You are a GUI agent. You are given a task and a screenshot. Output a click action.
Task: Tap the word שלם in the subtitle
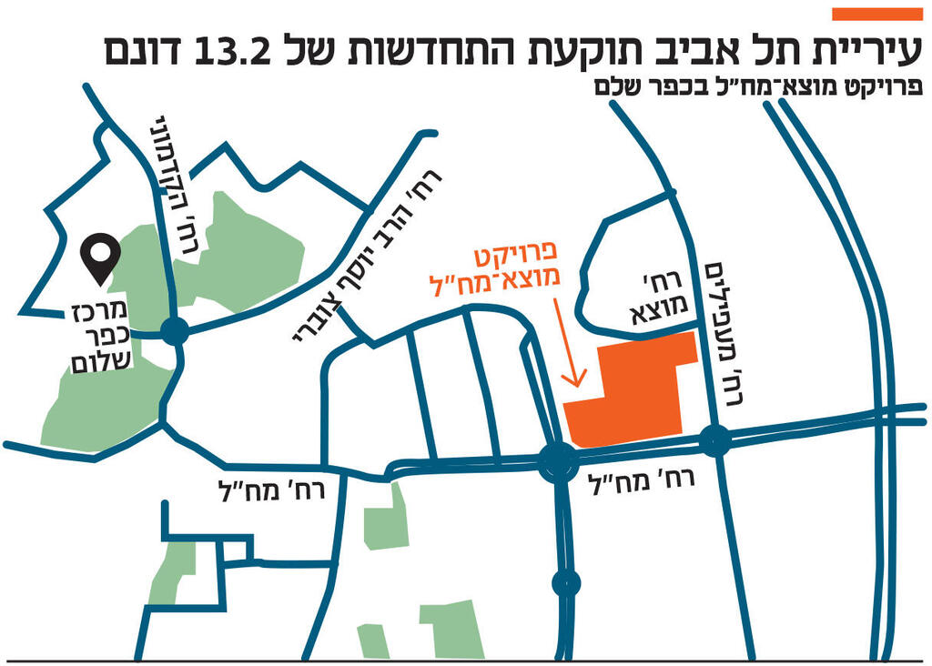point(617,88)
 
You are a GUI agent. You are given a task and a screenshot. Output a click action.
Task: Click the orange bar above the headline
point(877,13)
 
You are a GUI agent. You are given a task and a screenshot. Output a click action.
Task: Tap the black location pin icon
point(99,257)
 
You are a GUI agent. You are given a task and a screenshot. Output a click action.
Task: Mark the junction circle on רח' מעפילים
point(715,442)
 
